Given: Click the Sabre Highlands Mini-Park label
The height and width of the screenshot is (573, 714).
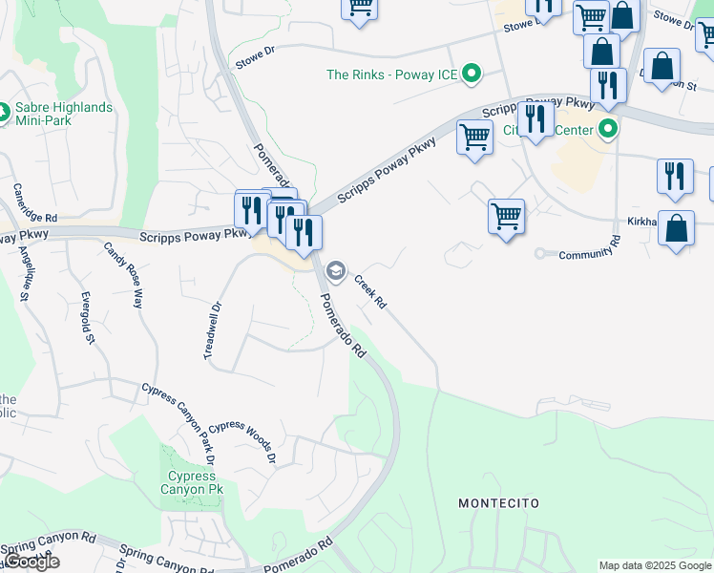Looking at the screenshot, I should point(63,115).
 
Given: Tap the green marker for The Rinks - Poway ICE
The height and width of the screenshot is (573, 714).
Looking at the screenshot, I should point(471,74).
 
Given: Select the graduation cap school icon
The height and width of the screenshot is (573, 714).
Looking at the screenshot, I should point(335,271).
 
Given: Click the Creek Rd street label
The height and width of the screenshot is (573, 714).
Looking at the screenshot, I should point(370,291).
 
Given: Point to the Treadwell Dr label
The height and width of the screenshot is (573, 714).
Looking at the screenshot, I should point(212,330).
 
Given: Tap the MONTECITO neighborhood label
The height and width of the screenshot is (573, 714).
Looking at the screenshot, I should point(498,503).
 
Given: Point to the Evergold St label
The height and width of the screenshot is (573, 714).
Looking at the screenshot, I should point(87,317).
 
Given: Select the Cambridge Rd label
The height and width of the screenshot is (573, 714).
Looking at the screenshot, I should point(22,209).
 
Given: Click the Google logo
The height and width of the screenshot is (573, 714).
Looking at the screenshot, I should point(31,562).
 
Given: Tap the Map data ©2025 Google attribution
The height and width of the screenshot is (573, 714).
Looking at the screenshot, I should point(655,565).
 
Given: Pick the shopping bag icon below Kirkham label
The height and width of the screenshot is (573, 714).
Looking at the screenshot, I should point(676,230).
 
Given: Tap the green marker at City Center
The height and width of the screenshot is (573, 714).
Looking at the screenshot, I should point(606,130).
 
